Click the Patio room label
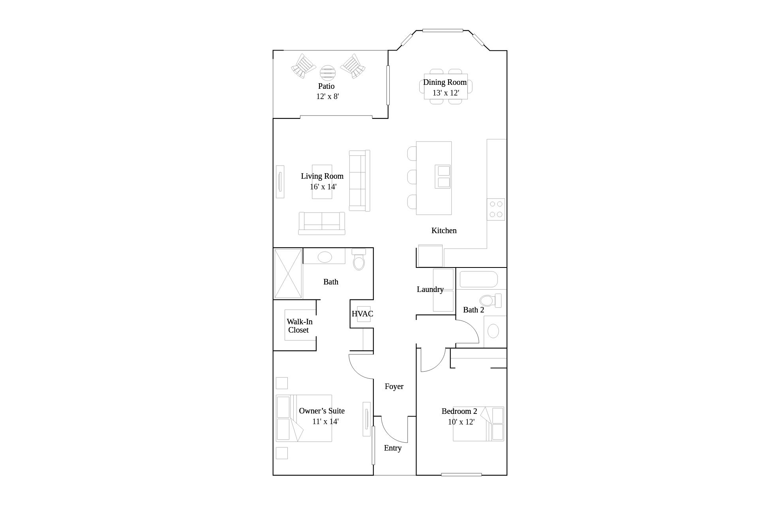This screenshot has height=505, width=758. (x=326, y=86)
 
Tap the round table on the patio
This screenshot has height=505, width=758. (x=327, y=73)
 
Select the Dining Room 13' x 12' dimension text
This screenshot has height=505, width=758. (x=446, y=93)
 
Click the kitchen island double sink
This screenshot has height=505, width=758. (x=443, y=176)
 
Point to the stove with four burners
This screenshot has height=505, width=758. (x=496, y=209)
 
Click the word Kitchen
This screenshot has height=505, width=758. (x=444, y=230)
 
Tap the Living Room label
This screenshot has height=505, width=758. (x=322, y=176)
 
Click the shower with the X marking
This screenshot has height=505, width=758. (x=288, y=273)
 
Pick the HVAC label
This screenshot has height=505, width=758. (x=362, y=314)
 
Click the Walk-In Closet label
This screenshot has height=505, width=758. (x=299, y=326)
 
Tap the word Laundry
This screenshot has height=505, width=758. (x=430, y=289)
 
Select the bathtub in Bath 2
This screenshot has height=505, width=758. (x=479, y=279)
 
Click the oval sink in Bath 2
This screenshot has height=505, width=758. (x=493, y=331)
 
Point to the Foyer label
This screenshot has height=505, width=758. (x=394, y=386)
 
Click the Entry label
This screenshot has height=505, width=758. (x=392, y=448)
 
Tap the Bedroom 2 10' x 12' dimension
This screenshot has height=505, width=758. (x=461, y=422)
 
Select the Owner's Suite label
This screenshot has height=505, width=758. (x=322, y=411)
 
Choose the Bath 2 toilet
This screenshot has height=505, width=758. (x=491, y=300)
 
